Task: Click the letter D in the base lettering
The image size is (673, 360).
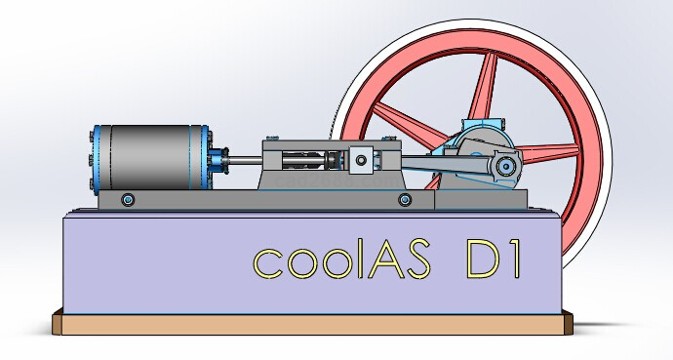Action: coord(484,260)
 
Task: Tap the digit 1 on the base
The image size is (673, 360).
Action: coord(516,260)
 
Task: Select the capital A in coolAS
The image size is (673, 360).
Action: coord(386,259)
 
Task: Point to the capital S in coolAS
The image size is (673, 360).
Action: coord(418,259)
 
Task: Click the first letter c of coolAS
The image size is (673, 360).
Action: coord(268,263)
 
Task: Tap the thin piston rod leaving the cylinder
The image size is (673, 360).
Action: coord(245,160)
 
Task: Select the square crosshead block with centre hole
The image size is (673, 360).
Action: coord(361,160)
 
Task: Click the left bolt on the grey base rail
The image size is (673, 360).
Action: coord(128,200)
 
